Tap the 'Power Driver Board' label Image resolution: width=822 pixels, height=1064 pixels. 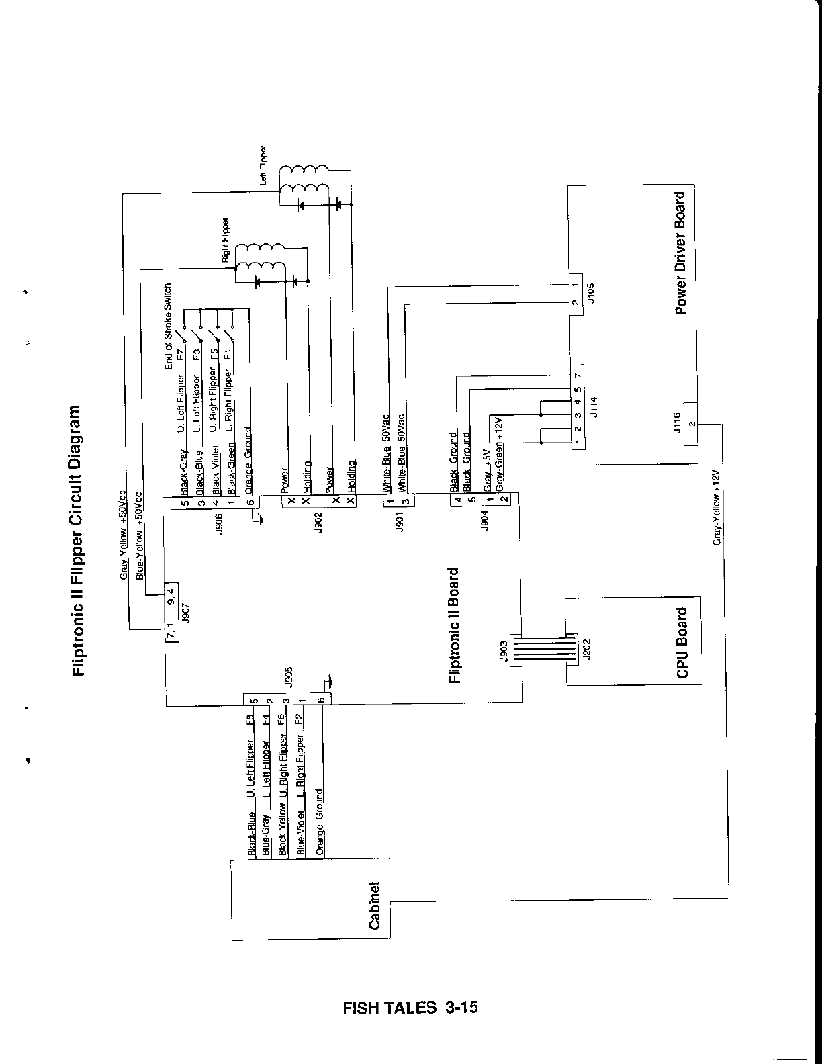click(680, 254)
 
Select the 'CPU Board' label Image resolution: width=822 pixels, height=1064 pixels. click(682, 643)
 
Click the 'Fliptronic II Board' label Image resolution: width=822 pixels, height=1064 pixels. click(455, 625)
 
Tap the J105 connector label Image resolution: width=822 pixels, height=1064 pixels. click(591, 294)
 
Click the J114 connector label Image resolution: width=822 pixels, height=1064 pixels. click(592, 406)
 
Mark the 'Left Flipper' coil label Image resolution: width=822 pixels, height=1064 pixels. click(264, 166)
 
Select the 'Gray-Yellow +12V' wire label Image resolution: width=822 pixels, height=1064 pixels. click(717, 506)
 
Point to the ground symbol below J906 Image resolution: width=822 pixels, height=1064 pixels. click(258, 518)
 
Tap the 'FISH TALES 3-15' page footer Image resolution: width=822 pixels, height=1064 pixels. click(410, 1008)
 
